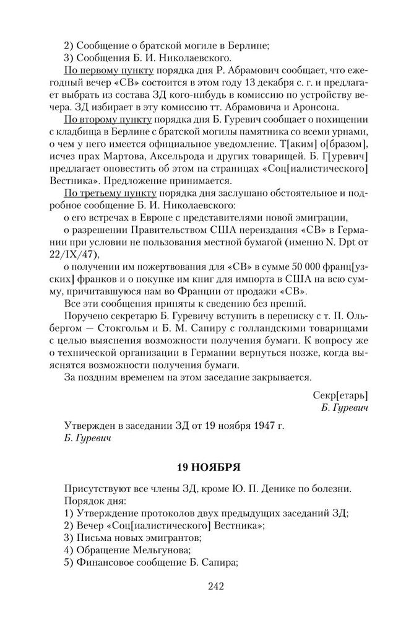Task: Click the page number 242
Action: point(203,586)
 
